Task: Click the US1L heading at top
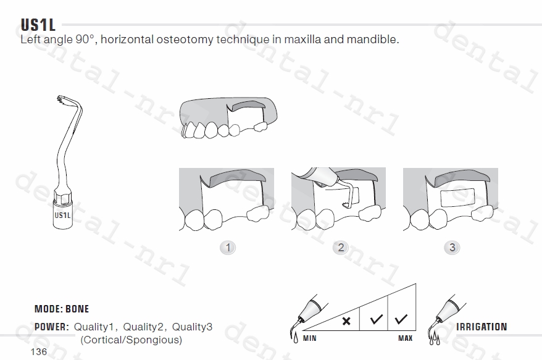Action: [x=38, y=25]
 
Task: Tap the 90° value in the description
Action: [x=85, y=39]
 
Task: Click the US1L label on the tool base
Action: [x=62, y=215]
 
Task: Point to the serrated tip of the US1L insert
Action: [x=61, y=99]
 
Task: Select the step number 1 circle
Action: [x=228, y=248]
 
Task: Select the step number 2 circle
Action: [x=341, y=248]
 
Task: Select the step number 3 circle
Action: [x=452, y=248]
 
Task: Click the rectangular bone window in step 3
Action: [x=457, y=198]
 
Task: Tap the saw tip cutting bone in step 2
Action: [x=346, y=205]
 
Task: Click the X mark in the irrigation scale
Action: [x=346, y=321]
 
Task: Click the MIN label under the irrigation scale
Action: [x=310, y=338]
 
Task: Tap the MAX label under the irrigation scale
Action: [x=405, y=338]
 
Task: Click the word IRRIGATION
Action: [x=482, y=327]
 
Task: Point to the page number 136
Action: [x=39, y=352]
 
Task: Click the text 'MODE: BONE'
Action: [x=62, y=309]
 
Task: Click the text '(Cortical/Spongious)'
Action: [x=131, y=340]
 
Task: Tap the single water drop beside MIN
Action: [x=296, y=338]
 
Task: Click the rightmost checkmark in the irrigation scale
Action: [x=401, y=319]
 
